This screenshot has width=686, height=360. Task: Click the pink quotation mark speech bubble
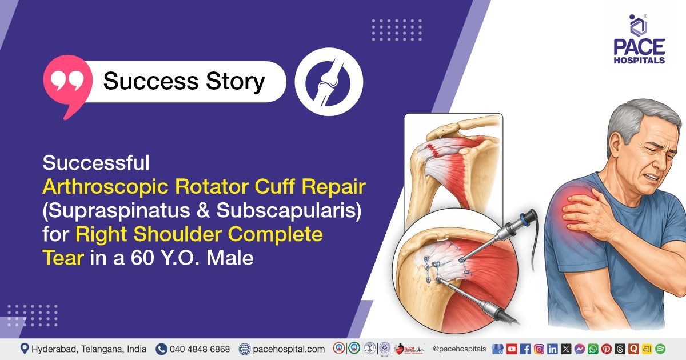tap(68, 83)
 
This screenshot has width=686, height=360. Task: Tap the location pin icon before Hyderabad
tap(25, 349)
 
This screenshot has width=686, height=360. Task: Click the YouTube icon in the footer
tap(512, 349)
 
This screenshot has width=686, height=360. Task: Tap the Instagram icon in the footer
tap(539, 349)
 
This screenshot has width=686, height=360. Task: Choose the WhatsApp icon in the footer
tap(593, 349)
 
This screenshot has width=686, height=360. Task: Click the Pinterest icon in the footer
tap(607, 349)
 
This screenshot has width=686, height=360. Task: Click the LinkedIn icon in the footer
tap(552, 349)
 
